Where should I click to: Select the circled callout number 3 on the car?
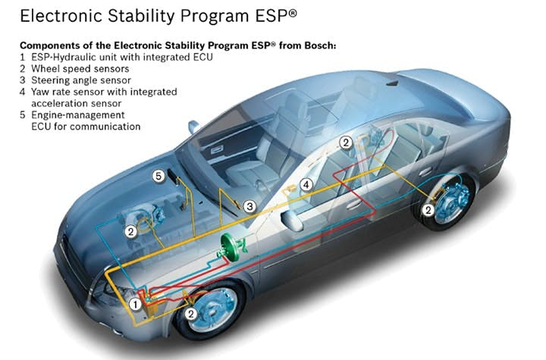tap(249, 205)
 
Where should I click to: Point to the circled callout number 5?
tap(158, 176)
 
